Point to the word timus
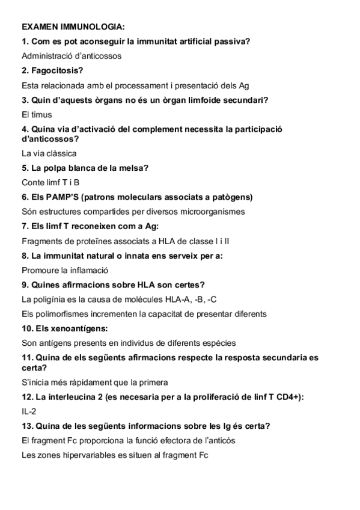click(41, 114)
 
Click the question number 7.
click(24, 226)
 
